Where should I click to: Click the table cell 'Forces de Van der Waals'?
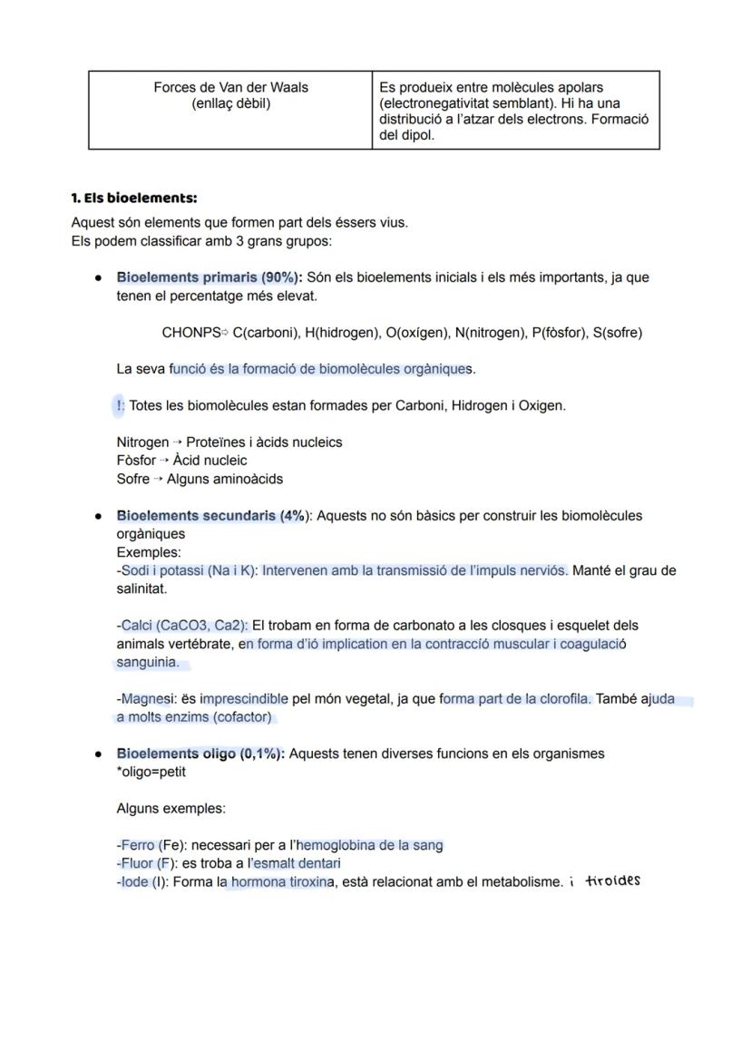coord(230,87)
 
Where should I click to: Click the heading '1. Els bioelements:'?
coord(133,198)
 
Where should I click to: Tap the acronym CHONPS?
coord(190,333)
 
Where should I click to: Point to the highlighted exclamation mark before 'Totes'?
coord(120,405)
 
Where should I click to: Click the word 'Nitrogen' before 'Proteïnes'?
coord(142,442)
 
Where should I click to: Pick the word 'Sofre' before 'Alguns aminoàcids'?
coord(132,479)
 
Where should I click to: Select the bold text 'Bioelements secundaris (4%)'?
coord(211,516)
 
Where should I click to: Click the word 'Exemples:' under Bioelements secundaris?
coord(149,552)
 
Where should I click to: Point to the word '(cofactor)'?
coord(242,717)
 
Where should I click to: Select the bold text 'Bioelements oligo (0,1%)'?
coord(200,754)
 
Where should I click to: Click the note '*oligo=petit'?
coord(151,772)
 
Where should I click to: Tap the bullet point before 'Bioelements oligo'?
coord(97,754)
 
